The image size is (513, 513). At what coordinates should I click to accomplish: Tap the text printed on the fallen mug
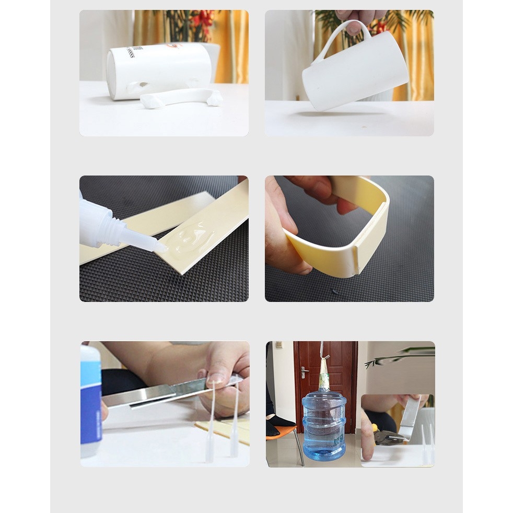tap(129, 52)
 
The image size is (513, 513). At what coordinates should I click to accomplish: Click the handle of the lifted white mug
tap(345, 37)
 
